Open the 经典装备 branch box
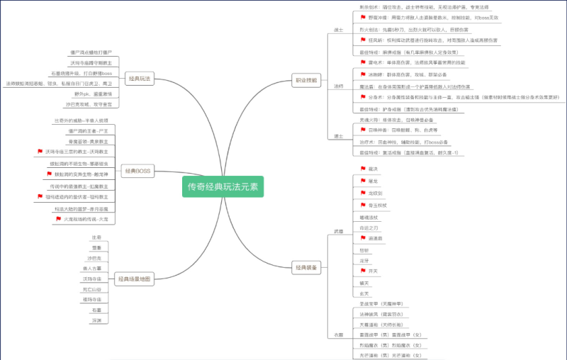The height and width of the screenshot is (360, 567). pyautogui.click(x=306, y=267)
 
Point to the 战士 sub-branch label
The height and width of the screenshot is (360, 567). pyautogui.click(x=338, y=30)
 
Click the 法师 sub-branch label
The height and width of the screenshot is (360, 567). pyautogui.click(x=338, y=86)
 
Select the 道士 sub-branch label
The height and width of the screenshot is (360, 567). pyautogui.click(x=338, y=136)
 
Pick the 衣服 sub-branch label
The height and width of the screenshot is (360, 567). pyautogui.click(x=338, y=334)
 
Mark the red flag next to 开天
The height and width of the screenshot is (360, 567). pyautogui.click(x=363, y=271)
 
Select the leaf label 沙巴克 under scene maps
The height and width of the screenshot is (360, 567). pyautogui.click(x=96, y=258)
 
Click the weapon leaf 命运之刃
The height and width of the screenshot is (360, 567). pyautogui.click(x=370, y=227)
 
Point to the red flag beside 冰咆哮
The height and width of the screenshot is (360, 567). pyautogui.click(x=363, y=74)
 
